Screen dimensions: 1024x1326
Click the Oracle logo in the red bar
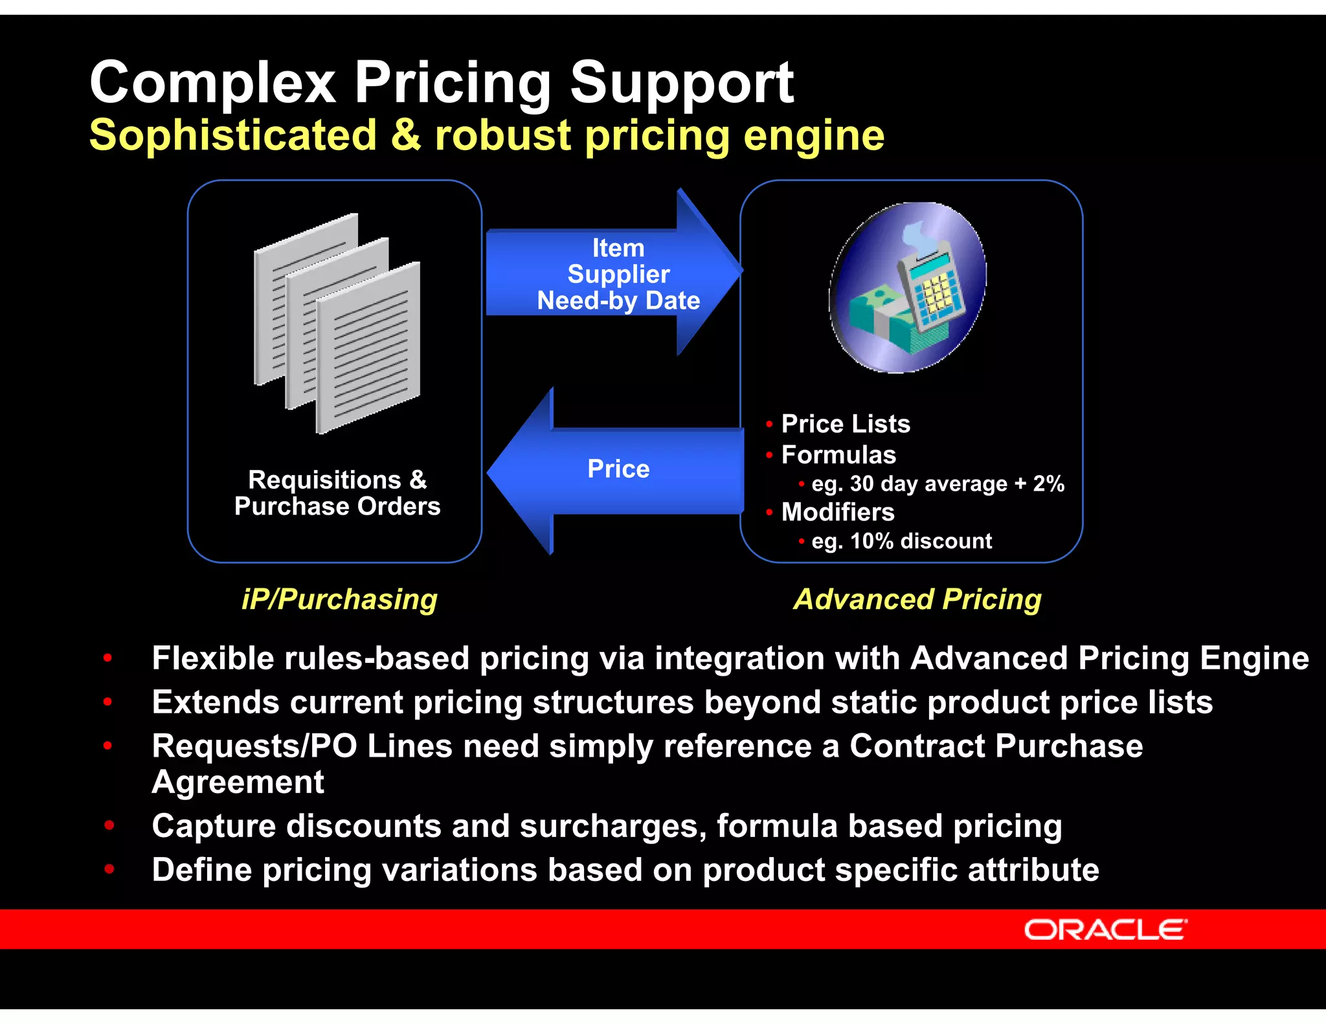[1105, 930]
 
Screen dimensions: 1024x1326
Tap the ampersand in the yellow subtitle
[406, 135]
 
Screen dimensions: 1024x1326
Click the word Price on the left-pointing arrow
[618, 469]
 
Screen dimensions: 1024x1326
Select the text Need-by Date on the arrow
[618, 301]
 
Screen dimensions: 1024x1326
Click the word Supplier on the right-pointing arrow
[618, 274]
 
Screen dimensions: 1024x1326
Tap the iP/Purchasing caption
[339, 599]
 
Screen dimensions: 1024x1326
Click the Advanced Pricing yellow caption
[917, 599]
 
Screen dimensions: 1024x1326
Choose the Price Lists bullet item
[845, 424]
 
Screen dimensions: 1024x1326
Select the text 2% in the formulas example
[1048, 484]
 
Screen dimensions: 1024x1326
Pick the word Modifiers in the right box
[838, 513]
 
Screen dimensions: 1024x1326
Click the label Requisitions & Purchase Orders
[337, 493]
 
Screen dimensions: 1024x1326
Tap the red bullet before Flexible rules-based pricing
[107, 658]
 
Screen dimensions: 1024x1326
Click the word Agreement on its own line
[238, 783]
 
